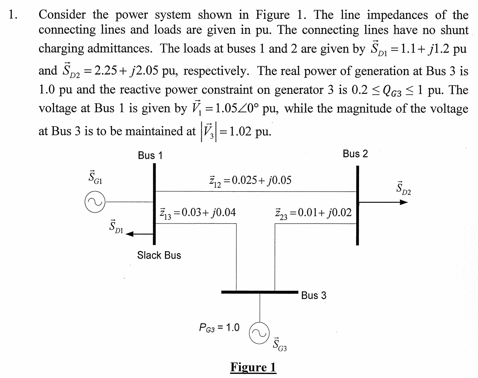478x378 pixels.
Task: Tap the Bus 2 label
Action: [x=355, y=154]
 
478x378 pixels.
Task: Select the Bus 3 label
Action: [x=314, y=295]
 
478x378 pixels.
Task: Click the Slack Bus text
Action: [x=159, y=255]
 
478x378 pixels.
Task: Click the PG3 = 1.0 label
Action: [x=219, y=327]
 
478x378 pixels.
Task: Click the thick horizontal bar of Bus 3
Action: [x=260, y=292]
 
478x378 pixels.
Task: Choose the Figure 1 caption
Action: [x=253, y=367]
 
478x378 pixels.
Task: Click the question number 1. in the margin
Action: [x=13, y=15]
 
